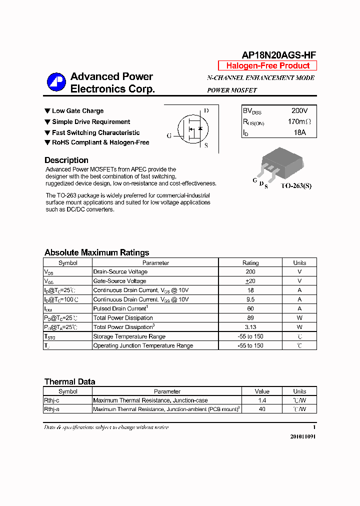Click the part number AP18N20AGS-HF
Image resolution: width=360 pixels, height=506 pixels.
coord(279,55)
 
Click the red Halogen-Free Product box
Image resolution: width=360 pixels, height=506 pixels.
coord(267,66)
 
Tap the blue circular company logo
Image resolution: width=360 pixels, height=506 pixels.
coord(56,82)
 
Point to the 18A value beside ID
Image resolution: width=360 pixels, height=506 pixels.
coord(299,132)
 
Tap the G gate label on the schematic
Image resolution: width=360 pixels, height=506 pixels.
coord(169,135)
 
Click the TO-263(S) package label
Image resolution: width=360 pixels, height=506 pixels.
coord(295,186)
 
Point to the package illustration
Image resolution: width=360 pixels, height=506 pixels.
coord(272,165)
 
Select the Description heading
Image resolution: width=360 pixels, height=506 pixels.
coord(66,160)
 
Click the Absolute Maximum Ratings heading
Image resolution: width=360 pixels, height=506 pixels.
coord(96,252)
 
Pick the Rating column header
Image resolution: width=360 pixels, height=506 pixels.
coord(250,263)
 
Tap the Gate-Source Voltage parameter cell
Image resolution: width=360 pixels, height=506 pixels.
coord(120,281)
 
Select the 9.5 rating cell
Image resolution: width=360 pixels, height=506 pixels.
coord(250,299)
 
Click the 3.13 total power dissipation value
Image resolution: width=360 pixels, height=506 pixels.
coord(250,327)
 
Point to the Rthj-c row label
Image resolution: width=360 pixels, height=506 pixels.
coord(52,400)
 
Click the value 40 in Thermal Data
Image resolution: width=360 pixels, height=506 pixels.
coord(262,409)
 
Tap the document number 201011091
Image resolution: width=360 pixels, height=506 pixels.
coord(303,436)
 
